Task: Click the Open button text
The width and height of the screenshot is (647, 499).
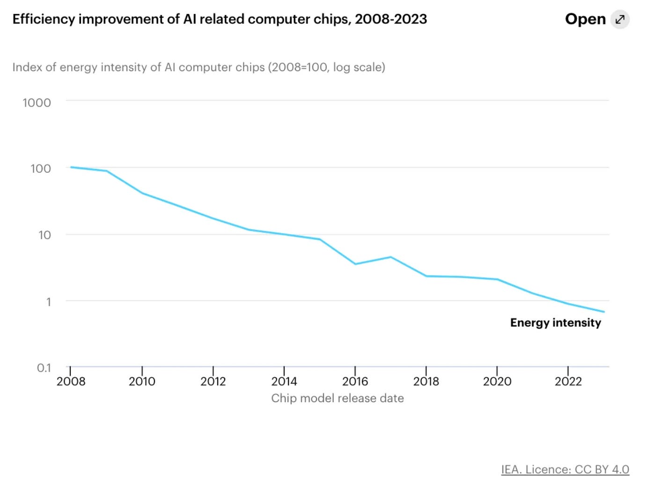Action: (585, 19)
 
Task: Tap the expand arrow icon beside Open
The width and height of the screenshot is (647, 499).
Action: (620, 19)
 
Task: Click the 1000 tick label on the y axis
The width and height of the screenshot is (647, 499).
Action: (37, 103)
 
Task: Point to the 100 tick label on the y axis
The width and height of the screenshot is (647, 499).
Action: (40, 169)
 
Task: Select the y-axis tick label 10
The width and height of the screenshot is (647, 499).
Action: (44, 235)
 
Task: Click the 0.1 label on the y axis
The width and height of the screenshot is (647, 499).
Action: (44, 368)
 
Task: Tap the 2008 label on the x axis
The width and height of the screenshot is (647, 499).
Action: (71, 382)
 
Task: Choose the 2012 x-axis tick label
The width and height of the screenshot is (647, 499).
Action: (213, 382)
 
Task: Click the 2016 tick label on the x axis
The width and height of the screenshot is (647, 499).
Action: (355, 382)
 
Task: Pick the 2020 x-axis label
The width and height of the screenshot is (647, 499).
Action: (497, 382)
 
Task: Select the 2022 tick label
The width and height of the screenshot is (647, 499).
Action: (568, 382)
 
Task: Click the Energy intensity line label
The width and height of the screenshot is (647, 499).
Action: (555, 323)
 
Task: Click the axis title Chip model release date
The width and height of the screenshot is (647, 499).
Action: (337, 398)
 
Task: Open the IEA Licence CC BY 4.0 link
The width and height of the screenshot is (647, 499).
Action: (565, 470)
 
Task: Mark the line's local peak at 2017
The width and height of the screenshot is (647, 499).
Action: (390, 257)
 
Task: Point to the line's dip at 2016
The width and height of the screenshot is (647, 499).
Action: (355, 264)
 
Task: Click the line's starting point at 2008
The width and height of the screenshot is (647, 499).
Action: (71, 167)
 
